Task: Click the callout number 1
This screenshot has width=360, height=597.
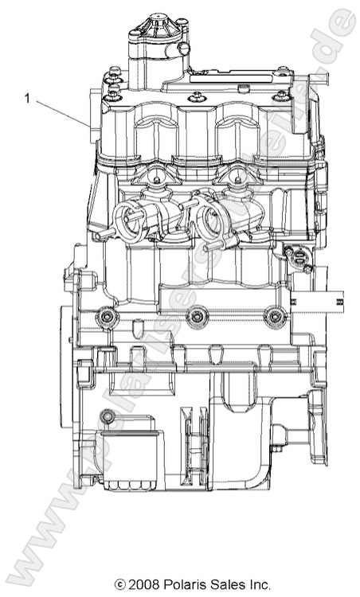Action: pos(28,99)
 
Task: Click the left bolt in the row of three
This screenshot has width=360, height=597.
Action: pos(104,318)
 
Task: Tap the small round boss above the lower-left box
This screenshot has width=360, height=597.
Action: pos(106,415)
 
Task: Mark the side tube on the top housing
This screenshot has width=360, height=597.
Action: pos(183,49)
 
